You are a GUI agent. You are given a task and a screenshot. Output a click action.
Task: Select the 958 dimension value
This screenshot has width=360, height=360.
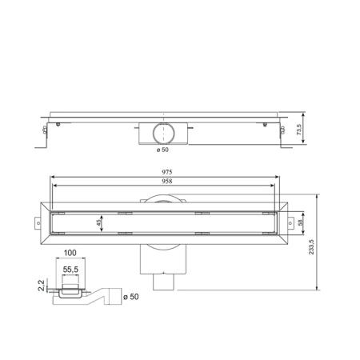coord(166,181)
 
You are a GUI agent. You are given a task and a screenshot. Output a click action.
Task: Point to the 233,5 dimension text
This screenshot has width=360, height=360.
coord(324,242)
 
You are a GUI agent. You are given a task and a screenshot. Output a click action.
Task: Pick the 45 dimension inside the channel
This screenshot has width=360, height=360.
coord(98,224)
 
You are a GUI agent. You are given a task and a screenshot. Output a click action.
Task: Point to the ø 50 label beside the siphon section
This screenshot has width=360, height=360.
coord(132,297)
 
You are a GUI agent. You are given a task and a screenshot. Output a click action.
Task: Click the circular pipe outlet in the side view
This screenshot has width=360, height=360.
coord(164,131)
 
